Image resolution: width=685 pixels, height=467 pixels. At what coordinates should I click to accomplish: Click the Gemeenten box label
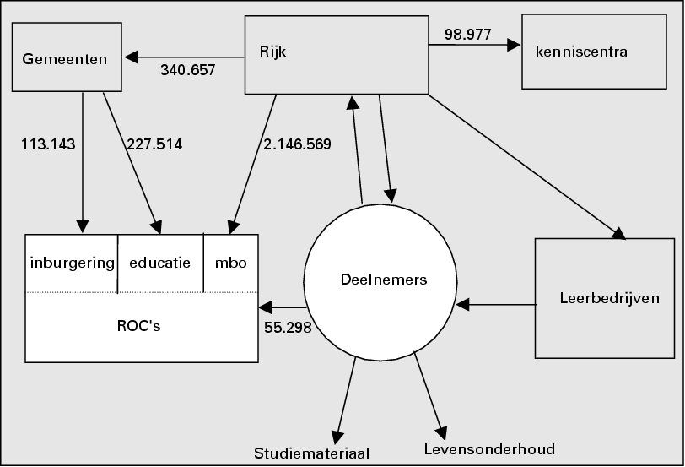pyautogui.click(x=65, y=59)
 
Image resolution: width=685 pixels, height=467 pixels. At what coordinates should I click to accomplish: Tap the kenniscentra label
pyautogui.click(x=581, y=52)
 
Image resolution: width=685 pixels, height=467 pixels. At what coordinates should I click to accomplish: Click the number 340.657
pyautogui.click(x=188, y=70)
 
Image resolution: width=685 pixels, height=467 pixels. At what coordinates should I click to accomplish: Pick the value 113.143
pyautogui.click(x=48, y=144)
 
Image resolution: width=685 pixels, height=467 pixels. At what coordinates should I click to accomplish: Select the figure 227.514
pyautogui.click(x=154, y=144)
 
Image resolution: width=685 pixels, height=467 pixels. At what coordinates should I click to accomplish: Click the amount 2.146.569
pyautogui.click(x=297, y=144)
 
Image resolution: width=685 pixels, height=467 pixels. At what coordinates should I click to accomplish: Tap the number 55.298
pyautogui.click(x=288, y=327)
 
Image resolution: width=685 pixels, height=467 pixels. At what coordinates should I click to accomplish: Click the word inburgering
pyautogui.click(x=72, y=263)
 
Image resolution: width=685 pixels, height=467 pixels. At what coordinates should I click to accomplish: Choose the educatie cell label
pyautogui.click(x=160, y=263)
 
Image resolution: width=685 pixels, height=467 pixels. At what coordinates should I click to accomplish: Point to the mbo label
pyautogui.click(x=230, y=263)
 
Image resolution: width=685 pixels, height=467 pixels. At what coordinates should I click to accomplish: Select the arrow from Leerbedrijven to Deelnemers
pyautogui.click(x=496, y=304)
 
